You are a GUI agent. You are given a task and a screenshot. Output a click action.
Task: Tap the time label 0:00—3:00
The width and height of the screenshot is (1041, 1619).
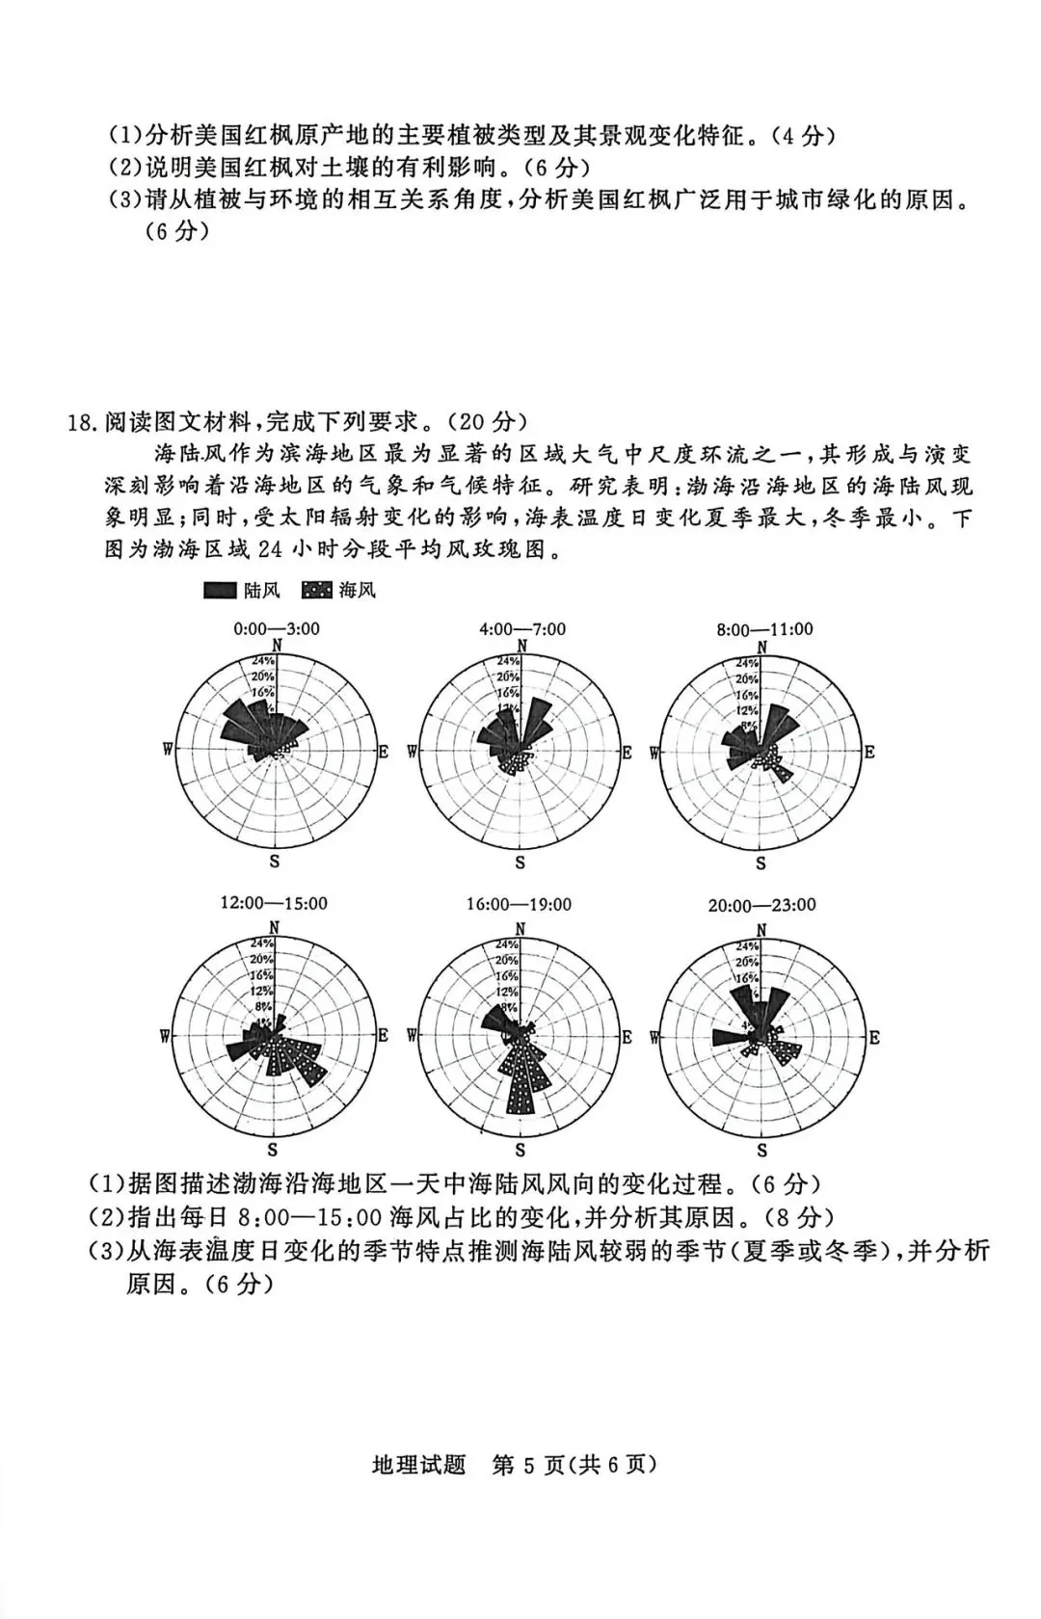pyautogui.click(x=277, y=629)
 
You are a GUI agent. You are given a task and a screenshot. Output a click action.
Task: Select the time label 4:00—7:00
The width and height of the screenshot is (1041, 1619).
pyautogui.click(x=522, y=629)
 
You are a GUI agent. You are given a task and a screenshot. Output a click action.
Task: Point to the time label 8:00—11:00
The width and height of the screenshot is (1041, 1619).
pyautogui.click(x=764, y=629)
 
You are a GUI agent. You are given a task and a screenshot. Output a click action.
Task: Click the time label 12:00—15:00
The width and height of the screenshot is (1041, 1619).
pyautogui.click(x=274, y=903)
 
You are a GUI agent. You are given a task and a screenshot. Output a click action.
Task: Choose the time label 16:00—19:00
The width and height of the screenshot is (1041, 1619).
pyautogui.click(x=519, y=904)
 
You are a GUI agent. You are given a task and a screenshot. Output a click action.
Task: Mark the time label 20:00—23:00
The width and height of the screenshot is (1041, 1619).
pyautogui.click(x=761, y=905)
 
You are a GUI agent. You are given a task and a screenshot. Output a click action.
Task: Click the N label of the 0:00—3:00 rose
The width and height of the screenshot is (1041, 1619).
pyautogui.click(x=278, y=646)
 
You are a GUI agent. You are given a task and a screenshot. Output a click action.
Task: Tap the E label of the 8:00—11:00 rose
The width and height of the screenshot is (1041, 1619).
pyautogui.click(x=869, y=753)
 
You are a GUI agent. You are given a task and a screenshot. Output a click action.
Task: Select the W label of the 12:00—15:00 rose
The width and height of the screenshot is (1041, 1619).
pyautogui.click(x=167, y=1036)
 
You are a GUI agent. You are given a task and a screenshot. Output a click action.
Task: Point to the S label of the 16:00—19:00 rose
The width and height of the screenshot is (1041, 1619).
pyautogui.click(x=520, y=1150)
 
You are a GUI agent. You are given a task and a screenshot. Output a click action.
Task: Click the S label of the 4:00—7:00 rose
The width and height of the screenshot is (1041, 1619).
pyautogui.click(x=520, y=863)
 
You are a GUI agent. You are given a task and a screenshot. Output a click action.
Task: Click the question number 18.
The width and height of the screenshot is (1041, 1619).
pyautogui.click(x=82, y=422)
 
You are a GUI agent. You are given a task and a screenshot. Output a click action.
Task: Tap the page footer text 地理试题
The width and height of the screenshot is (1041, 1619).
pyautogui.click(x=418, y=1465)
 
